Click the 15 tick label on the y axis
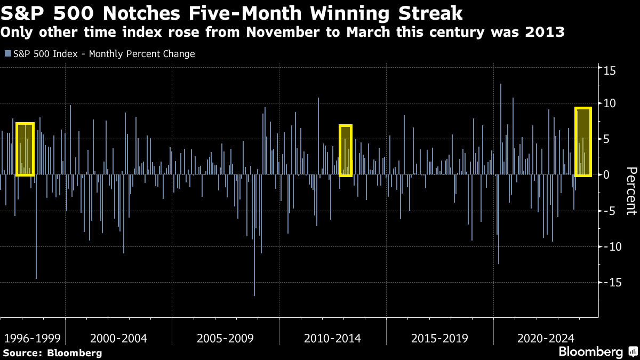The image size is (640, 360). pos(609,70)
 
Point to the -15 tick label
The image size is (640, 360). pos(611,282)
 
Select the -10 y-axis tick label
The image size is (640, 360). pos(611,246)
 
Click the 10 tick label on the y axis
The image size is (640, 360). pos(609,103)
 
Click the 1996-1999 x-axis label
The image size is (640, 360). pos(32,338)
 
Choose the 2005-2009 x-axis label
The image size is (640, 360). pos(226,338)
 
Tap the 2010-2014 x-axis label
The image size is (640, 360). pos(332,338)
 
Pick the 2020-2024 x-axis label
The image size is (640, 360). pos(546,338)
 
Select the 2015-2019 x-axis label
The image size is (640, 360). pos(439,338)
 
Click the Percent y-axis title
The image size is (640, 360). pos(631,190)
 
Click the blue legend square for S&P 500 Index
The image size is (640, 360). pos(7,54)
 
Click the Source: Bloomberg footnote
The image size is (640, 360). pos(52,353)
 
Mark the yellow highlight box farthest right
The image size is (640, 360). pos(583,142)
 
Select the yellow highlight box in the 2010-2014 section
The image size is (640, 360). pos(346,150)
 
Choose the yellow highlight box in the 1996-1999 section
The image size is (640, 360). pos(25,149)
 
